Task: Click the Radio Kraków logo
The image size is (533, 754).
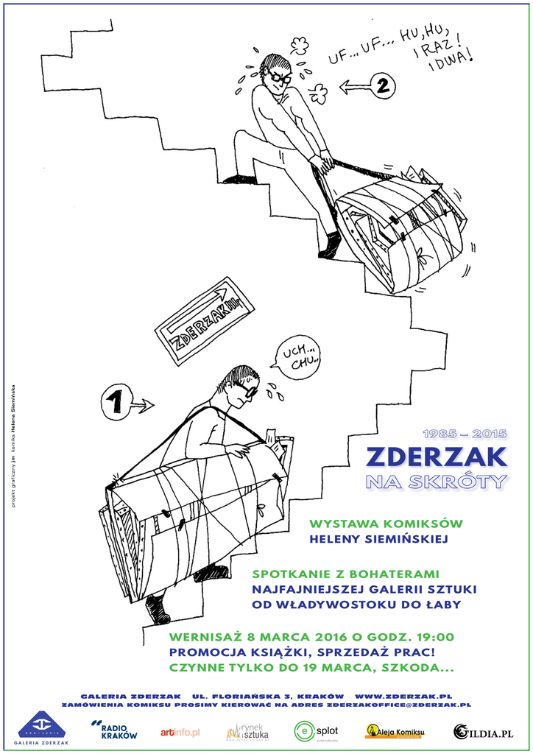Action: click(115, 731)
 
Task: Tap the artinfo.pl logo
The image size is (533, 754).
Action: click(180, 732)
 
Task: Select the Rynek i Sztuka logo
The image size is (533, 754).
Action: click(247, 732)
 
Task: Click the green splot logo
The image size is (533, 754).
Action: click(316, 731)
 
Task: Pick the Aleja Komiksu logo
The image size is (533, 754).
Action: click(395, 731)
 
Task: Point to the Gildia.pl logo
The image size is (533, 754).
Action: click(483, 732)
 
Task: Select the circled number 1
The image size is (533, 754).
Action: click(114, 402)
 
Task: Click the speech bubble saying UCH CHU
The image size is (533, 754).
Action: click(299, 356)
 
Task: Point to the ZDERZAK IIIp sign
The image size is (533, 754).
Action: click(205, 320)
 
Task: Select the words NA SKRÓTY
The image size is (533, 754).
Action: click(437, 482)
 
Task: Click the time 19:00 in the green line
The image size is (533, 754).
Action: click(435, 637)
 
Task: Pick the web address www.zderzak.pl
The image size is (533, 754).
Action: click(403, 695)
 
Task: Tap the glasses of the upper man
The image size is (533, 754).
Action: click(280, 77)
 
